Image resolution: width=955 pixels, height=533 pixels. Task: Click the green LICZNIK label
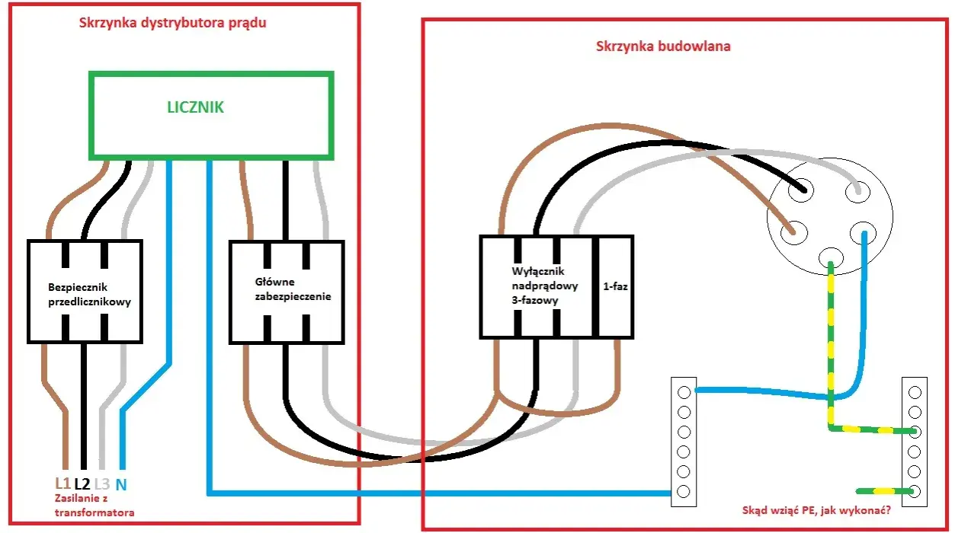tap(195, 107)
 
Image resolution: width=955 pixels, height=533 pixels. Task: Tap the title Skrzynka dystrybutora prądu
tap(173, 23)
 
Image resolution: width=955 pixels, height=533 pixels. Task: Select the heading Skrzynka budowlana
tap(663, 46)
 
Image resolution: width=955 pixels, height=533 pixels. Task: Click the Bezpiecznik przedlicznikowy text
tap(89, 295)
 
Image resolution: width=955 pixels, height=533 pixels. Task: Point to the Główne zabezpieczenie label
tap(293, 289)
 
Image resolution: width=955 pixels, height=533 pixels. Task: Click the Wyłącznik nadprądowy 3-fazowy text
tap(544, 286)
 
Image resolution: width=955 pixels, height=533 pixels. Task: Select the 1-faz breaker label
tap(615, 286)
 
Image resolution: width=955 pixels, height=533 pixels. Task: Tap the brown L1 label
tap(62, 484)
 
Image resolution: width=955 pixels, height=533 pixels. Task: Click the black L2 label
tap(82, 484)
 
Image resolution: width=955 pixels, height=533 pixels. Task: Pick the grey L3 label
tap(102, 484)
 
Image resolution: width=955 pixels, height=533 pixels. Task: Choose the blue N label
tap(121, 484)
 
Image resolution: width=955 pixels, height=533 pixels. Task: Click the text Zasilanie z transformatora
tap(95, 506)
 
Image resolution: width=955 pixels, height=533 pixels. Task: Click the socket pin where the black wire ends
tap(801, 190)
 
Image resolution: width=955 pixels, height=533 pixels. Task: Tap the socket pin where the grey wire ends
tap(857, 191)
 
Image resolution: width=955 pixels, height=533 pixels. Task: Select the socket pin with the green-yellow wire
tap(831, 258)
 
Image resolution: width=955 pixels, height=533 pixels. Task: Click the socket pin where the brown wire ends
tap(794, 233)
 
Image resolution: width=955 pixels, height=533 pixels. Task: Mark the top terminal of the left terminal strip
tap(684, 392)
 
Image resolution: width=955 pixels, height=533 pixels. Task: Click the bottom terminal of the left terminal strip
tap(684, 491)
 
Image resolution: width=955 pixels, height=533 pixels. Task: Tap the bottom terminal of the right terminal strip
tap(915, 491)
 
